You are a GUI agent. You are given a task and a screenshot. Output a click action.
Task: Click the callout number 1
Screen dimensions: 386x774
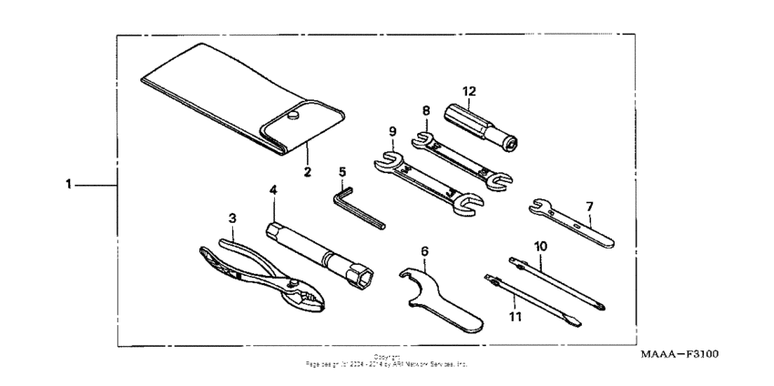click(68, 184)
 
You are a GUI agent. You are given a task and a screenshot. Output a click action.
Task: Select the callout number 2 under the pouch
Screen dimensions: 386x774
click(307, 170)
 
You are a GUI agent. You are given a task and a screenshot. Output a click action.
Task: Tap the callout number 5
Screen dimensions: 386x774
click(342, 170)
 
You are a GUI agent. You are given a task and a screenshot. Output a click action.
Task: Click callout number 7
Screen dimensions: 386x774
click(590, 207)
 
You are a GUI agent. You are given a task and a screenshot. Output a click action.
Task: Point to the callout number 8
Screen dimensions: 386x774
click(424, 111)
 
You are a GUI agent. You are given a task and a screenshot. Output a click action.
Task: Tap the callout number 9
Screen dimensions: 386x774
click(392, 130)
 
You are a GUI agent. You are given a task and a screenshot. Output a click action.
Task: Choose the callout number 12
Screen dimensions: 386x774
click(469, 91)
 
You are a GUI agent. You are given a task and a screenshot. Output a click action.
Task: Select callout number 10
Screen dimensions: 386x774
click(540, 246)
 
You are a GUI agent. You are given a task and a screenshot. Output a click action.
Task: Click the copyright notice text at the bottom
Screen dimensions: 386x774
click(387, 361)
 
